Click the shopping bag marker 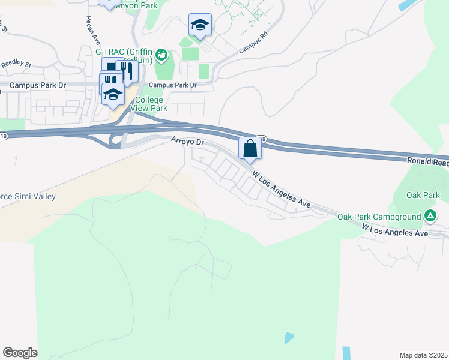[x=249, y=148]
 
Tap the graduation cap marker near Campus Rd [x=200, y=25]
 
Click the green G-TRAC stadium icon [x=161, y=56]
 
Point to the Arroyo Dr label [x=188, y=143]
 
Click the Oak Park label [x=423, y=195]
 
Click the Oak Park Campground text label [x=379, y=216]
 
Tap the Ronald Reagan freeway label [x=427, y=162]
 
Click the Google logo [x=20, y=353]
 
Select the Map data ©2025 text [x=423, y=355]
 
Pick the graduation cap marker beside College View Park [x=113, y=94]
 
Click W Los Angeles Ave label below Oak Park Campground [x=394, y=230]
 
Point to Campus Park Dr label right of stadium [x=173, y=85]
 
